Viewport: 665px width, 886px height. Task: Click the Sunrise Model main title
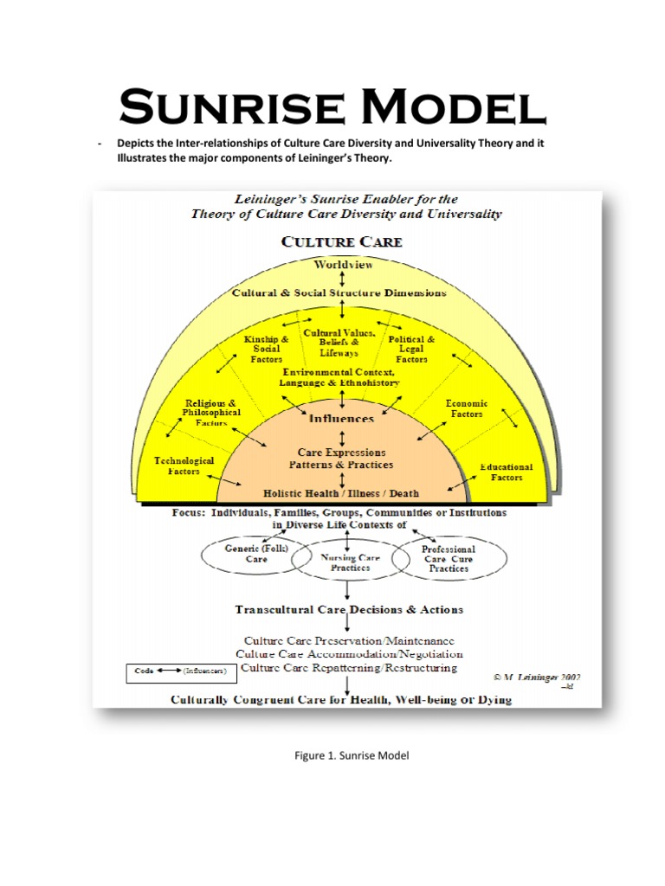pos(332,107)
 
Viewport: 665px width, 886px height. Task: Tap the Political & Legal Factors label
pos(411,349)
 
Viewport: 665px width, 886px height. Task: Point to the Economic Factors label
pos(467,408)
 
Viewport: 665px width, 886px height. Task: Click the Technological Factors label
pos(184,466)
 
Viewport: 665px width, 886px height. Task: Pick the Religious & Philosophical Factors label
pos(212,413)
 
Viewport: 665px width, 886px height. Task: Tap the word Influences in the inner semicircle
pos(342,419)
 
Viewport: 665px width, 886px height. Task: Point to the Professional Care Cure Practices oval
pos(447,558)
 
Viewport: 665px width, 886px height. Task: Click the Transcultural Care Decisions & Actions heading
pos(349,609)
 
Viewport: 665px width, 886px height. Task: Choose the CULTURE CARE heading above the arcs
pos(342,241)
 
